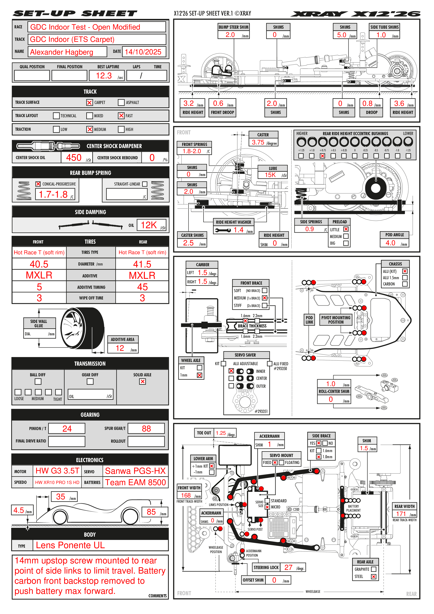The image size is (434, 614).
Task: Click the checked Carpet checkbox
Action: click(x=89, y=102)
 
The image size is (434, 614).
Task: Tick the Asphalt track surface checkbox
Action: click(x=121, y=102)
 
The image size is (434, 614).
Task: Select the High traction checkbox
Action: click(x=121, y=129)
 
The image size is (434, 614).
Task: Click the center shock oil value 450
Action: click(x=74, y=158)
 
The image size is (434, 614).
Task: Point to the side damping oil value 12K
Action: click(x=149, y=225)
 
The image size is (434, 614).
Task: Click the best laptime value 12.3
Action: click(x=104, y=76)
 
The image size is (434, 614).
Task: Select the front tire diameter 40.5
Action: click(x=39, y=264)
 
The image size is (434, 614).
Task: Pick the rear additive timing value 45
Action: click(x=142, y=287)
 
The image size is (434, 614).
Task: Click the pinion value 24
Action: click(x=67, y=429)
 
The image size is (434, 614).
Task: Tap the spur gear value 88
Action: click(x=146, y=429)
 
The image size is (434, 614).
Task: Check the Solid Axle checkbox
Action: click(x=142, y=382)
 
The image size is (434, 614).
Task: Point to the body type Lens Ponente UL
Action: click(x=70, y=545)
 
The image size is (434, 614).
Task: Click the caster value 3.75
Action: click(x=258, y=142)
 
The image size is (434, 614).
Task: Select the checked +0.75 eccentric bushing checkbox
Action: click(x=323, y=156)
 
